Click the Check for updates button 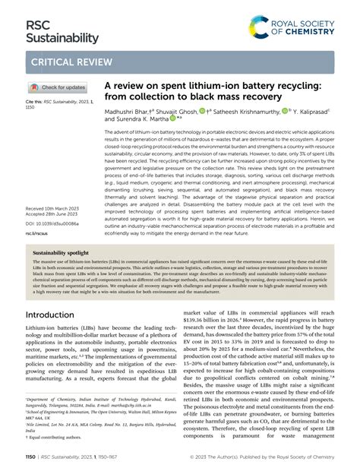[58, 87]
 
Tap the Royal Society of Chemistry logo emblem [261, 28]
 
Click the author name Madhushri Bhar [130, 111]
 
